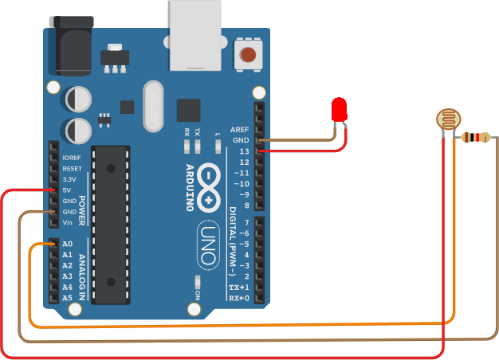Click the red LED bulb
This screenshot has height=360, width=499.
click(x=340, y=109)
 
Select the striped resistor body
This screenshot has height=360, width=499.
click(x=476, y=138)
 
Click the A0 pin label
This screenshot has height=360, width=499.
click(x=68, y=244)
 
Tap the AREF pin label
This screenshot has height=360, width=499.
click(x=240, y=129)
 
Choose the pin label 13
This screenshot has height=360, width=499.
click(x=244, y=151)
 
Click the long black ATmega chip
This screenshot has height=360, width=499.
click(x=109, y=224)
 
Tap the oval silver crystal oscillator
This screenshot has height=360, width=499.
click(x=152, y=106)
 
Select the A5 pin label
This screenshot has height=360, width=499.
click(x=68, y=298)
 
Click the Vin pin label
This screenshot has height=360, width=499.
click(x=70, y=223)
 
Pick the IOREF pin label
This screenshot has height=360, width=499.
click(x=72, y=158)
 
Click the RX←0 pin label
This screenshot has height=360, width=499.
click(x=238, y=298)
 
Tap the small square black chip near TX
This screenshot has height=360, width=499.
click(x=188, y=111)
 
